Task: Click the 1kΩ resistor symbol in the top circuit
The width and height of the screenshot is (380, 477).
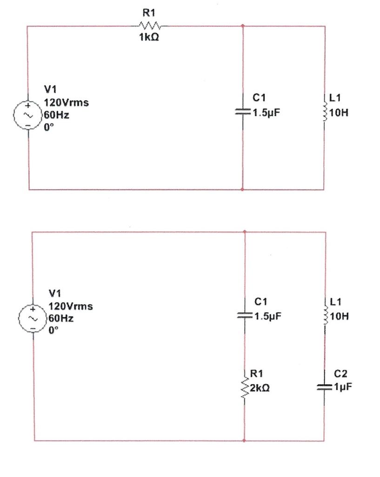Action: (x=150, y=26)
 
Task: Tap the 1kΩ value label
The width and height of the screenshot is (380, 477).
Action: (x=149, y=39)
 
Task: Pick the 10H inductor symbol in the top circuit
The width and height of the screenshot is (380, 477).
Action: (x=324, y=112)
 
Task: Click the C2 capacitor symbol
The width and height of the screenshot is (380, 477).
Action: (x=324, y=387)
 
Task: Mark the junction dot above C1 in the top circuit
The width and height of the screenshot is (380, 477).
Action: (x=243, y=26)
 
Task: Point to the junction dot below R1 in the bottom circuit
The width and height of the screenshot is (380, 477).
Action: (x=244, y=440)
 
